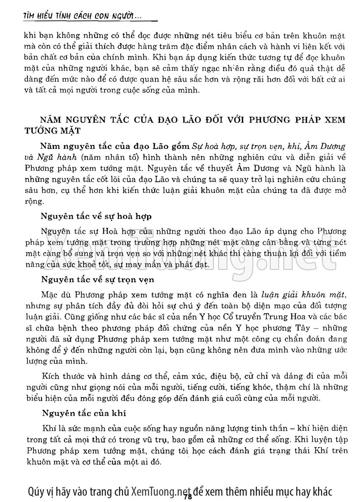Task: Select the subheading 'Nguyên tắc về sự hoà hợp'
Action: click(96, 216)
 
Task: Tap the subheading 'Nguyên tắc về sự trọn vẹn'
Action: click(97, 280)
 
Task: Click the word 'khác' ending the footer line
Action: click(322, 491)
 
